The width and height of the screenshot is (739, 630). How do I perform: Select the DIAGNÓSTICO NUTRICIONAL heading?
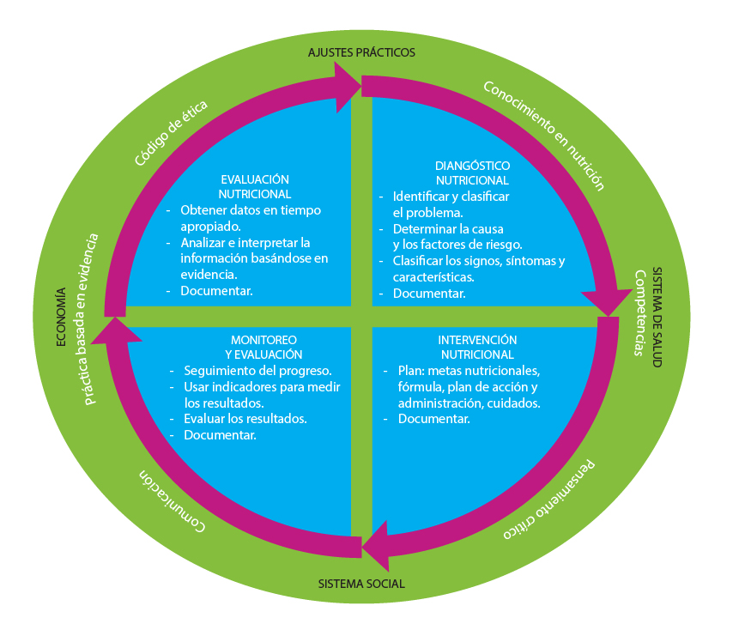(472, 173)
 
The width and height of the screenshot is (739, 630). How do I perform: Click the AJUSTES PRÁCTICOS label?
(361, 52)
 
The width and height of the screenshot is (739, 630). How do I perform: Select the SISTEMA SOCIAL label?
(361, 585)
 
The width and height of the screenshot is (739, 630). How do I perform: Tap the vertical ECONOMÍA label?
(61, 317)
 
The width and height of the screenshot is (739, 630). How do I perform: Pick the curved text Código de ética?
(171, 133)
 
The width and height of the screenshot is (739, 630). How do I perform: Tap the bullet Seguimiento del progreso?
(257, 371)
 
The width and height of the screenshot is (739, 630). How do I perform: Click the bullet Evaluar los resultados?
(245, 419)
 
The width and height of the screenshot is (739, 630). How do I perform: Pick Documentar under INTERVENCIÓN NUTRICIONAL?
(433, 419)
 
